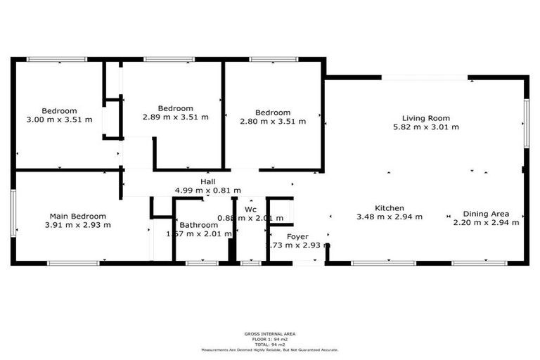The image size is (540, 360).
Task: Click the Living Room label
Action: coord(425,118)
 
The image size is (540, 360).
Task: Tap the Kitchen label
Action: coord(389,208)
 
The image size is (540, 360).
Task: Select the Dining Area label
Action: coord(485,214)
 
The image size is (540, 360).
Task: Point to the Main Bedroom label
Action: coord(77,216)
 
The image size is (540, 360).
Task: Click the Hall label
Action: coord(207,182)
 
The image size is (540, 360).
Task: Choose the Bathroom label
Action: coord(194,225)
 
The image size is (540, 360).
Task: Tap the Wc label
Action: coord(250,210)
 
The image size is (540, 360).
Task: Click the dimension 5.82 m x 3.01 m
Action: coord(425,127)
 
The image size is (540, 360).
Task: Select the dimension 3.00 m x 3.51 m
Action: coord(59,120)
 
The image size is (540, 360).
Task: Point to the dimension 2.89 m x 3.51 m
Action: coord(175,117)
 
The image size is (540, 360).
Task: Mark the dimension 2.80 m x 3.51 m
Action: coord(272,121)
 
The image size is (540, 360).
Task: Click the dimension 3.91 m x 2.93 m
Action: coord(77,225)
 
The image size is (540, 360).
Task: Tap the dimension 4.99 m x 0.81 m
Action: coord(207,191)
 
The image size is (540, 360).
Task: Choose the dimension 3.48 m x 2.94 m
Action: coord(389,217)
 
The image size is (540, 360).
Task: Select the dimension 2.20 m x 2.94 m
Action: coord(485,222)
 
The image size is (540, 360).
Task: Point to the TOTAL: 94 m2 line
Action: coord(270,344)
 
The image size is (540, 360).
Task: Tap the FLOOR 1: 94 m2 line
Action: coord(270,338)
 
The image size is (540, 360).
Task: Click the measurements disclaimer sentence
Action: coord(270,349)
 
